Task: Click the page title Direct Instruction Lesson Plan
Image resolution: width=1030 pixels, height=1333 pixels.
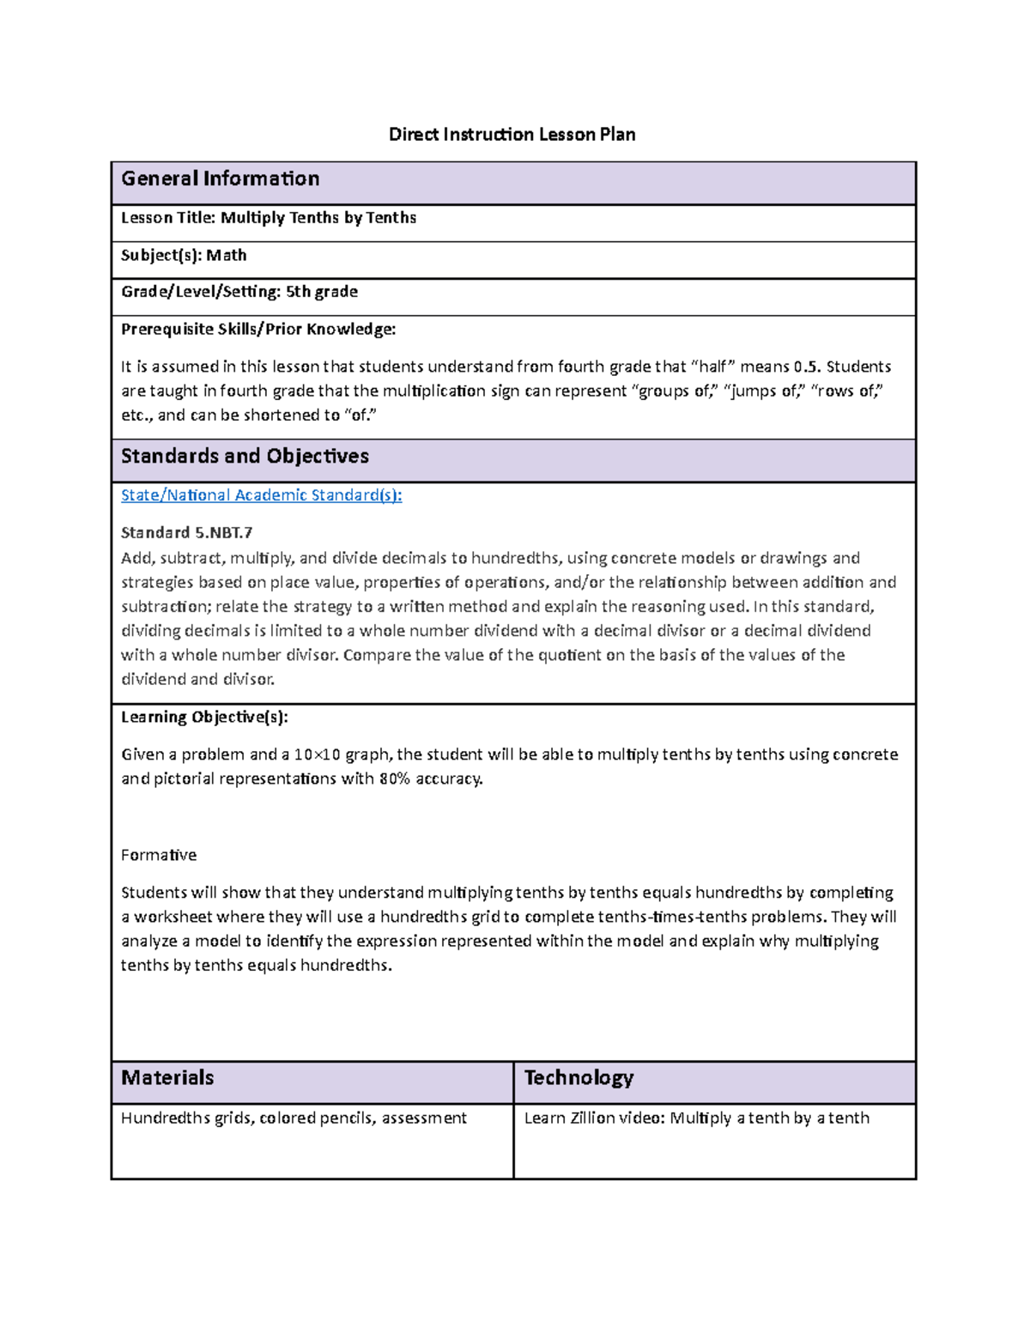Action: [x=512, y=134]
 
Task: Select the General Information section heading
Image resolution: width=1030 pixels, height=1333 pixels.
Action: [x=220, y=179]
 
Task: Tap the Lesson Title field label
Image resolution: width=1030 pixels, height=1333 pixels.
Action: [x=168, y=218]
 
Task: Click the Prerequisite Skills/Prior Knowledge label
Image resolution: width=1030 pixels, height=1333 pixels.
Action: [x=258, y=329]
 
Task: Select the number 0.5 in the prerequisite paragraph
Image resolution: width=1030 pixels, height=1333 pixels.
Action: [x=807, y=367]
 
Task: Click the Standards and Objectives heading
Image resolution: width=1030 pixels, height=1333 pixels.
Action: [x=245, y=456]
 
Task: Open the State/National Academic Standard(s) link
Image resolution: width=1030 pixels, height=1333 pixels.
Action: [x=261, y=495]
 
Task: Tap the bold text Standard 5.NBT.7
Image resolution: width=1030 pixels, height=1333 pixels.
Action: [x=186, y=533]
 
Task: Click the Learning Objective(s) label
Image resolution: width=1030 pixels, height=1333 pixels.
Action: [x=204, y=717]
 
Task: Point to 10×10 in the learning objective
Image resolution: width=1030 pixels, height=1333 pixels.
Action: [x=317, y=754]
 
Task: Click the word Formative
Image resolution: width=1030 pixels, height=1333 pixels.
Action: [x=159, y=855]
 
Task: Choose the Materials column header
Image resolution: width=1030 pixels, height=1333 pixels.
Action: [x=167, y=1078]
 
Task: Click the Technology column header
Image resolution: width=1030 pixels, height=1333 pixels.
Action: [x=579, y=1078]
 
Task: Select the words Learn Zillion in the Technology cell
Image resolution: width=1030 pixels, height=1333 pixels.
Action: [x=569, y=1118]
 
